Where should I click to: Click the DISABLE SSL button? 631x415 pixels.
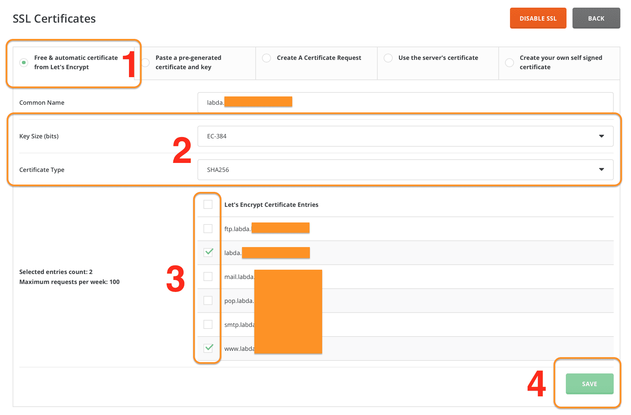click(538, 18)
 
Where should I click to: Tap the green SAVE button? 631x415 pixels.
click(589, 384)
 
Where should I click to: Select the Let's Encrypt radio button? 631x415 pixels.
click(24, 63)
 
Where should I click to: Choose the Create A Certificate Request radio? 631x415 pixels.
click(266, 58)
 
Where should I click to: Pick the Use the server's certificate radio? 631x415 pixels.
click(388, 58)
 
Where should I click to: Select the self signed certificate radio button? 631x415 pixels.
click(509, 63)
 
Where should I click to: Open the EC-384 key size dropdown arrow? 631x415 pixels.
click(601, 136)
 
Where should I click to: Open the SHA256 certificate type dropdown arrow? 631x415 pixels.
click(601, 170)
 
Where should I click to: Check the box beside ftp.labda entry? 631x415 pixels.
click(208, 228)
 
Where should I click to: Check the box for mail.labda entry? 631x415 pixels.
click(208, 276)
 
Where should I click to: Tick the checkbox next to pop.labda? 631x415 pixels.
click(208, 300)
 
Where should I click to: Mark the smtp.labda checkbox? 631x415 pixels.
click(208, 324)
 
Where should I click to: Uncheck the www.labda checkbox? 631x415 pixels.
click(208, 348)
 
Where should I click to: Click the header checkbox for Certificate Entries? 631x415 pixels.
click(208, 204)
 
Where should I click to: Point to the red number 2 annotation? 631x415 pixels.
click(182, 151)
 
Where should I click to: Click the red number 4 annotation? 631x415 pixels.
click(536, 384)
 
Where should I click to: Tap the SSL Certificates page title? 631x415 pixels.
click(54, 19)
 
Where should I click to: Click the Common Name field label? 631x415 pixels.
click(42, 103)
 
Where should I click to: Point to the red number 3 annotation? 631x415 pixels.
click(175, 279)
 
